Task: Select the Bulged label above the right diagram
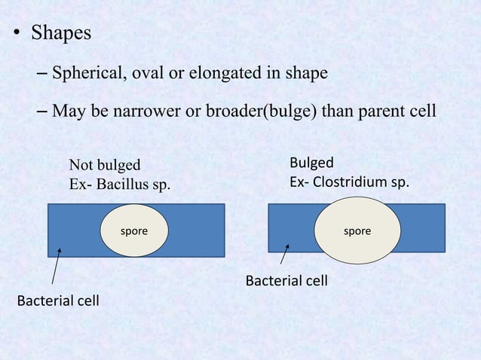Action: pos(311,163)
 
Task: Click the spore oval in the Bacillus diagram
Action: pos(134,231)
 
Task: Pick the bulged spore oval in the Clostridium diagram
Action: pos(357,231)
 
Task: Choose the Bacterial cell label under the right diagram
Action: pos(286,281)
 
